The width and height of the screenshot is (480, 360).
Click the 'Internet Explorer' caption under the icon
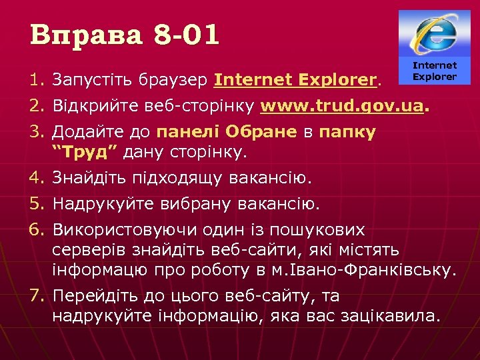435,71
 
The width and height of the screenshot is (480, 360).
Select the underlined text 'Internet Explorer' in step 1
295,81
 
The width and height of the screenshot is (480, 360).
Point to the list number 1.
36,81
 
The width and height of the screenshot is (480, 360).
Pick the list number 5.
36,202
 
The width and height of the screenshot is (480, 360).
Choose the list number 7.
36,295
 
